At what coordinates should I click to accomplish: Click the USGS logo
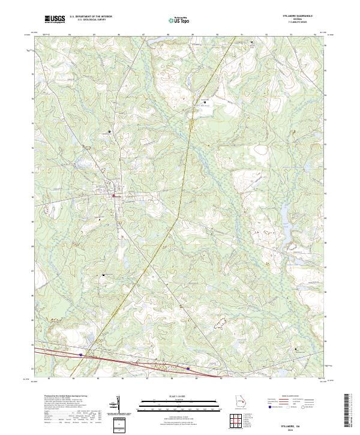(55, 20)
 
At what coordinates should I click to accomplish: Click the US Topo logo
(179, 20)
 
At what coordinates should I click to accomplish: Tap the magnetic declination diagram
(118, 403)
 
